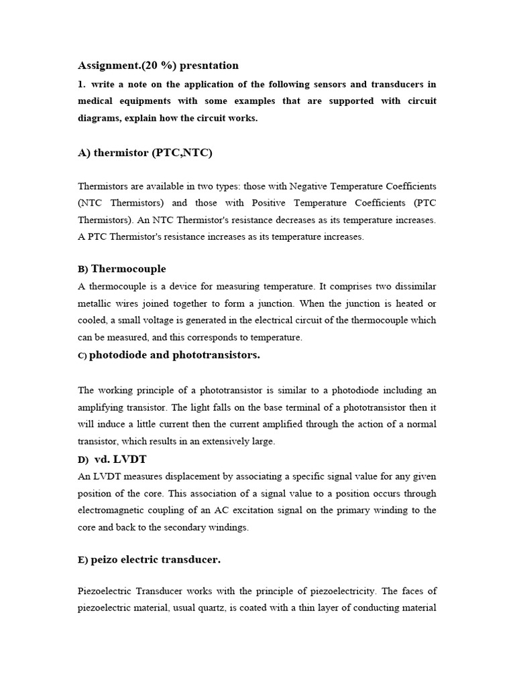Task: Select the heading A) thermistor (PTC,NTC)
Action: click(145, 153)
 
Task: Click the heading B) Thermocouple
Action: click(122, 269)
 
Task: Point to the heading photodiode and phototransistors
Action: click(174, 355)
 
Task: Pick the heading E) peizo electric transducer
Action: click(149, 559)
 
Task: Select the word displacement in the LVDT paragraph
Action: click(176, 476)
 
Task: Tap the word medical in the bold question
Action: click(95, 101)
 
